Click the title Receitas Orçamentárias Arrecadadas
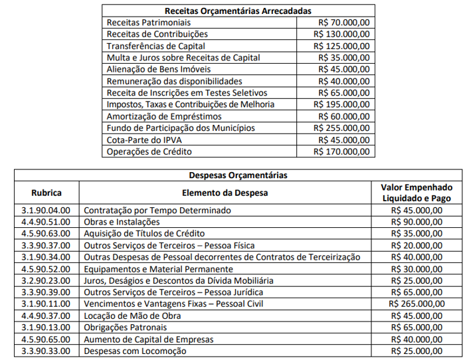pyautogui.click(x=238, y=11)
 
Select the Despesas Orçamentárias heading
pyautogui.click(x=238, y=175)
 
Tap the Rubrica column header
pyautogui.click(x=46, y=193)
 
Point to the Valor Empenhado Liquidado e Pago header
pyautogui.click(x=417, y=193)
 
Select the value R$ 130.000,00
pyautogui.click(x=341, y=34)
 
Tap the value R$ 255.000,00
pyautogui.click(x=341, y=128)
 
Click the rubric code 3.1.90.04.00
pyautogui.click(x=46, y=210)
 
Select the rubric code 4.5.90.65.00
pyautogui.click(x=46, y=339)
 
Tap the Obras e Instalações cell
pyautogui.click(x=122, y=222)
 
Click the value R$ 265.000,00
pyautogui.click(x=417, y=304)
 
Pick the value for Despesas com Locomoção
pyautogui.click(x=417, y=351)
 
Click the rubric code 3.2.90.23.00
pyautogui.click(x=46, y=281)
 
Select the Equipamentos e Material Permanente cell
pyautogui.click(x=158, y=269)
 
